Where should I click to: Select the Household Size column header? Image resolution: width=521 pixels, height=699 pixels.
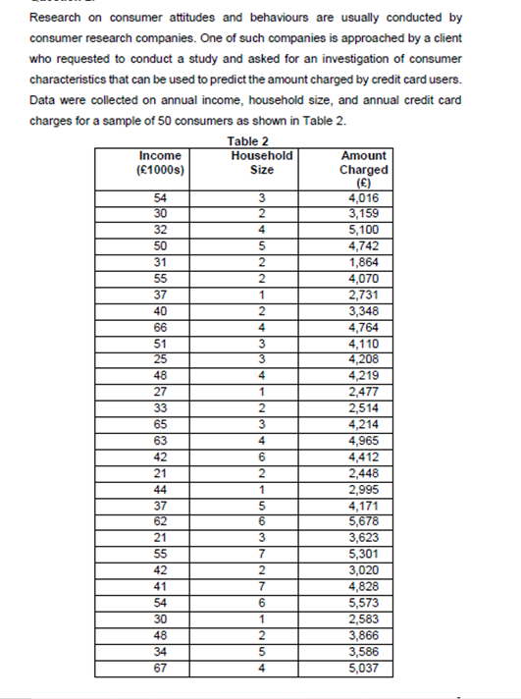click(x=262, y=162)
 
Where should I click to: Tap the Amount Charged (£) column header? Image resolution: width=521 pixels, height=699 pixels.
click(x=364, y=168)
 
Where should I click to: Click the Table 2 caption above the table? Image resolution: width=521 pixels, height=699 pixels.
click(x=247, y=141)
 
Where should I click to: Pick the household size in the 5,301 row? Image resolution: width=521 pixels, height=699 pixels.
click(x=262, y=553)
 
